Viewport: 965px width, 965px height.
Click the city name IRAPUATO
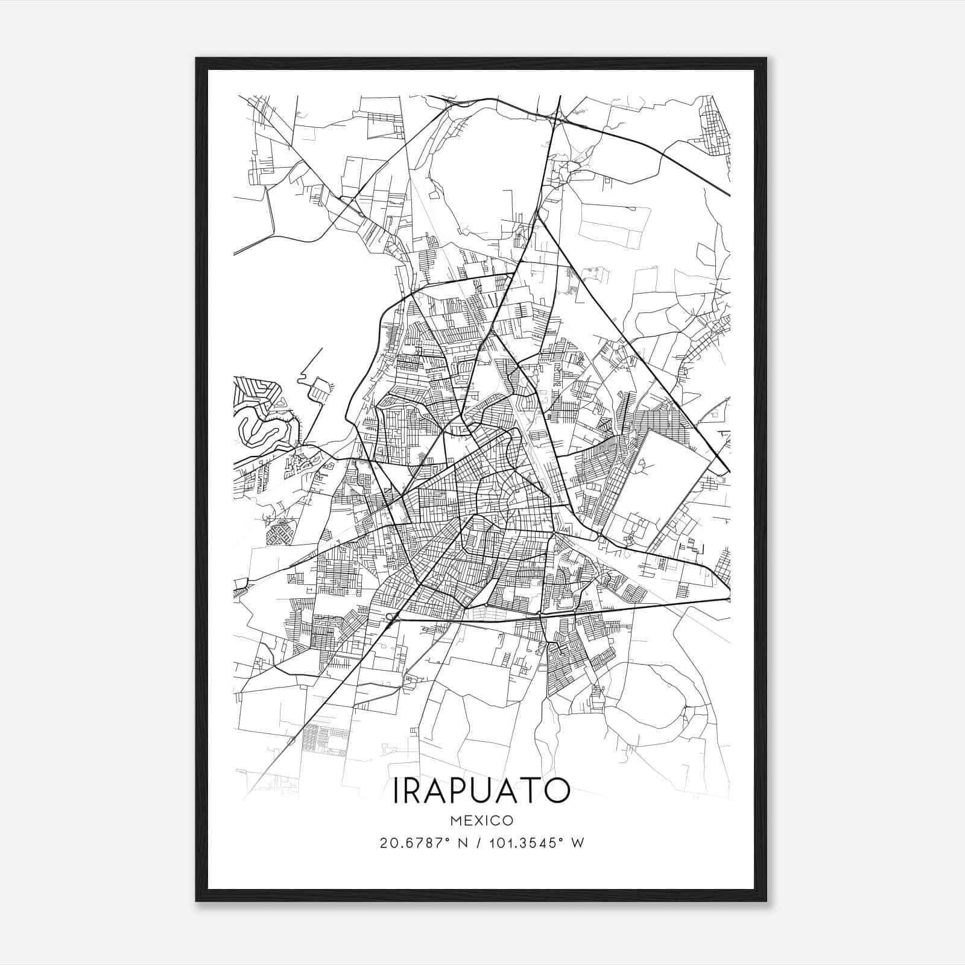[x=481, y=791]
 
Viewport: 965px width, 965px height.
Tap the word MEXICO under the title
[x=481, y=820]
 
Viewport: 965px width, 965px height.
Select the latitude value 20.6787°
[x=413, y=843]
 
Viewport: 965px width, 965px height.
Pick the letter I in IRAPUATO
[x=396, y=791]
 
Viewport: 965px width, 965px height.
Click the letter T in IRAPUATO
[x=531, y=791]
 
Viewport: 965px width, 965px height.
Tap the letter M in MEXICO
[x=454, y=820]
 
